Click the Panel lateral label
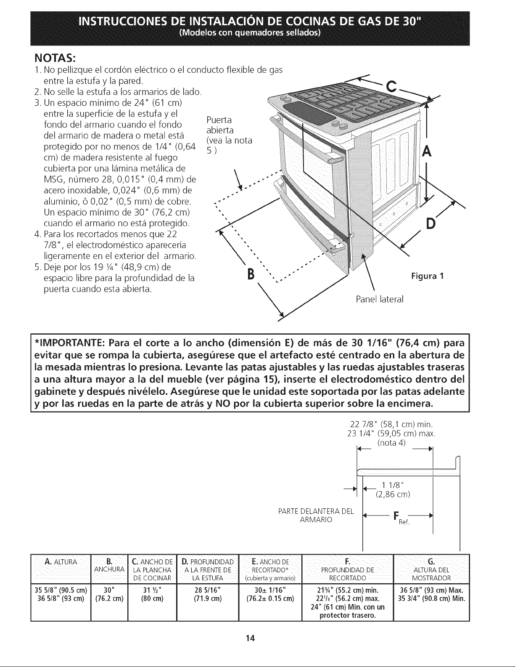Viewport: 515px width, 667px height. [x=379, y=299]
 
